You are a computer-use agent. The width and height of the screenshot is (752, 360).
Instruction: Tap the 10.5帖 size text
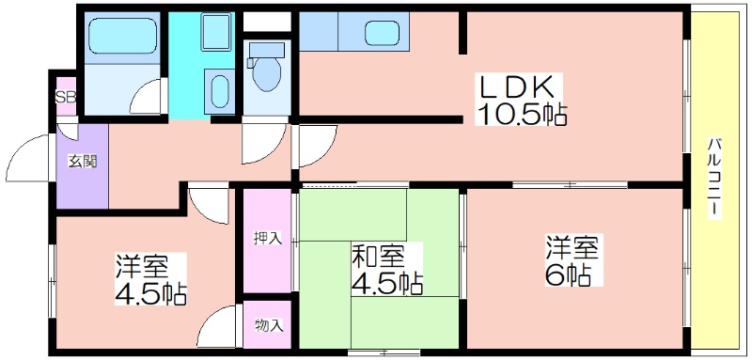coord(521,115)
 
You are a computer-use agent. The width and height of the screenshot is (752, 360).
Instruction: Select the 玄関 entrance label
coord(82,162)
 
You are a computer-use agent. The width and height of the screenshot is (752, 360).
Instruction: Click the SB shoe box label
coord(66,98)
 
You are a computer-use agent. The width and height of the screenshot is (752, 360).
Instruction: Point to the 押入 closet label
coord(267,237)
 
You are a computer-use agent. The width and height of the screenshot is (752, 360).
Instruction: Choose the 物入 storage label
coord(268,326)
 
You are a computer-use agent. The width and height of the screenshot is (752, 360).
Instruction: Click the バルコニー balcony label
coord(714,178)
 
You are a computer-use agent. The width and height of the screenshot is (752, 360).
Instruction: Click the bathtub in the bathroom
coord(123,36)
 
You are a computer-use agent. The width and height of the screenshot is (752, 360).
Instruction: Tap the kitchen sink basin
coord(382,34)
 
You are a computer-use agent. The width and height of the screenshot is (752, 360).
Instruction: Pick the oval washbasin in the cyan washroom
coord(220,91)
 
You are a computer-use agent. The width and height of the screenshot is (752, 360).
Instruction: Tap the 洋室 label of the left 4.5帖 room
coord(141,268)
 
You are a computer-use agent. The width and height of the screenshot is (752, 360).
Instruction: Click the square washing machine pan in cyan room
coord(216,32)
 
